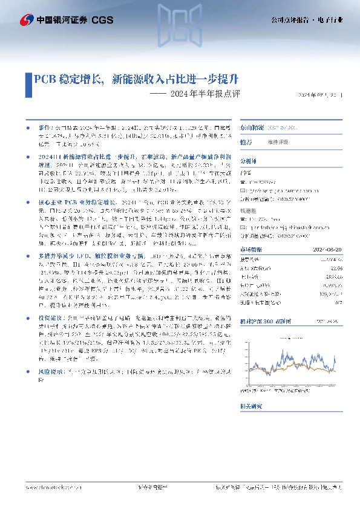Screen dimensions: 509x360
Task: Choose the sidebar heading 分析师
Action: (249, 162)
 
